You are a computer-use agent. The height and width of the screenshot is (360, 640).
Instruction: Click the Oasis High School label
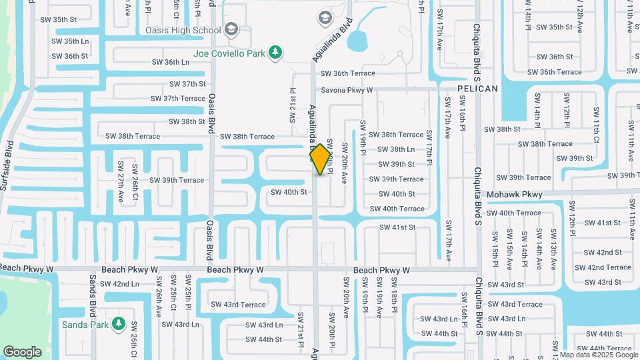click(x=183, y=30)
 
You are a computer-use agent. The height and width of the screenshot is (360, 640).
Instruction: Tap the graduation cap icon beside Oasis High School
click(x=231, y=29)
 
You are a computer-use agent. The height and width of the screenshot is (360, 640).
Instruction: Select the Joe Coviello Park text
click(x=229, y=53)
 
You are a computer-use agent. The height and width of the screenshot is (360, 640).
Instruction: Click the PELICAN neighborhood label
click(x=477, y=89)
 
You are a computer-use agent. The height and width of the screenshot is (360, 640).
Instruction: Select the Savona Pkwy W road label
click(x=347, y=89)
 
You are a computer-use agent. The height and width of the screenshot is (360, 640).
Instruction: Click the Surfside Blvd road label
click(x=8, y=165)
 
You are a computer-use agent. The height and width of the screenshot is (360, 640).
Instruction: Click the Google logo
click(x=22, y=351)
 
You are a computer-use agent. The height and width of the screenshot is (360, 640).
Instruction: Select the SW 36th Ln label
click(x=171, y=62)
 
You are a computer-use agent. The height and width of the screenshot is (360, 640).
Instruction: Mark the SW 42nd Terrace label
click(x=603, y=267)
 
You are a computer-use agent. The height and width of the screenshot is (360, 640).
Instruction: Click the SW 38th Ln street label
click(x=396, y=149)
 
